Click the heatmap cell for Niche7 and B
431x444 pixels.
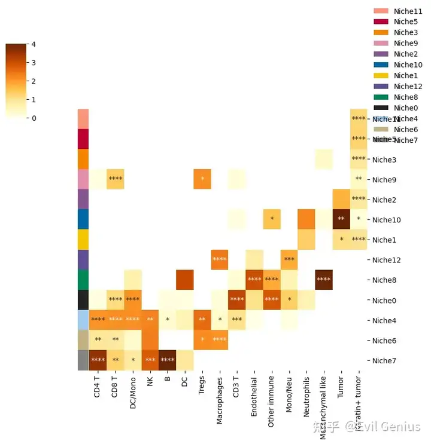(167, 360)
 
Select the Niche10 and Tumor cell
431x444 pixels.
(341, 219)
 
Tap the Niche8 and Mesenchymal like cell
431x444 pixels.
(324, 280)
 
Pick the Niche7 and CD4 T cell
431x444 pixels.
(98, 360)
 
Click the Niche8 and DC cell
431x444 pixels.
(184, 280)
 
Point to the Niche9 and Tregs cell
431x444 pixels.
(202, 179)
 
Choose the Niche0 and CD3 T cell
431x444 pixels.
(237, 299)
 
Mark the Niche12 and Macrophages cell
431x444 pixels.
(220, 259)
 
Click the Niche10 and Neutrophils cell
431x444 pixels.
(306, 219)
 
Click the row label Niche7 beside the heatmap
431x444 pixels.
(386, 360)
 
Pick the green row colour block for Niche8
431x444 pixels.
(83, 280)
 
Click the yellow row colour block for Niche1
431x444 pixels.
(83, 240)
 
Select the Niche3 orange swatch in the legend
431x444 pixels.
(381, 32)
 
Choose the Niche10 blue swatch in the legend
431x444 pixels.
(381, 65)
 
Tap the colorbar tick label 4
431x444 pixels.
(34, 44)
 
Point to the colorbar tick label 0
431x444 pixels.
(34, 118)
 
